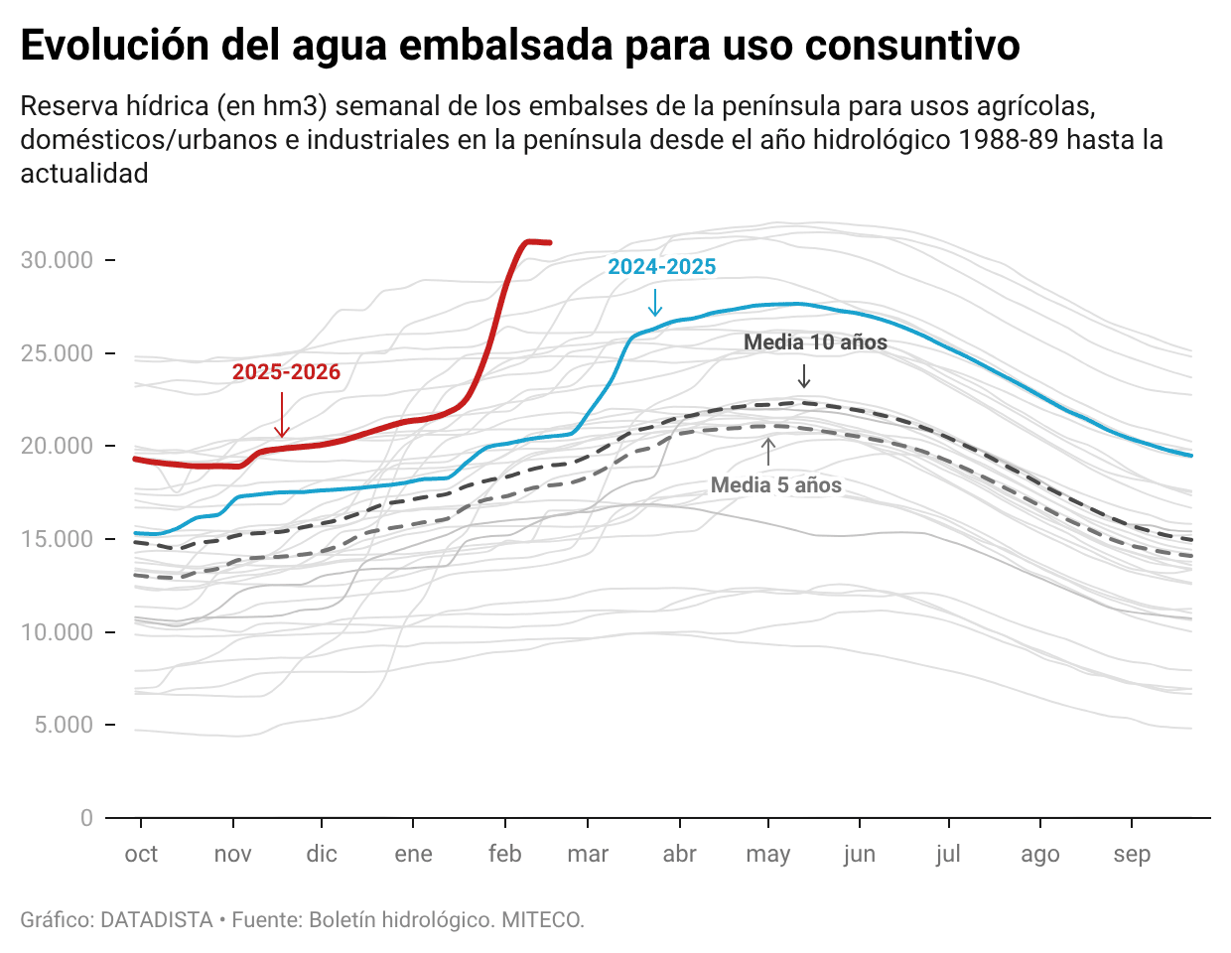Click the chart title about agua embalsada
point(519,46)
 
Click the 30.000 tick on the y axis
point(58,260)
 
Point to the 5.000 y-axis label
point(65,725)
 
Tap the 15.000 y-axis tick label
point(58,539)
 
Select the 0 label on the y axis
point(86,818)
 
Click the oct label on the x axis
point(141,854)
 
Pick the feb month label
point(504,854)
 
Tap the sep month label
point(1131,854)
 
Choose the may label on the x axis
point(767,854)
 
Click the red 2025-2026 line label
point(286,372)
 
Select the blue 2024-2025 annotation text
point(661,267)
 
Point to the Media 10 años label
point(815,342)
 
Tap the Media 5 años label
point(775,485)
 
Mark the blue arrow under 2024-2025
point(654,302)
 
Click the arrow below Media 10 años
point(804,376)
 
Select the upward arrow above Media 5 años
point(767,452)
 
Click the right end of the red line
point(550,242)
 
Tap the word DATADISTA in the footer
point(157,920)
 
